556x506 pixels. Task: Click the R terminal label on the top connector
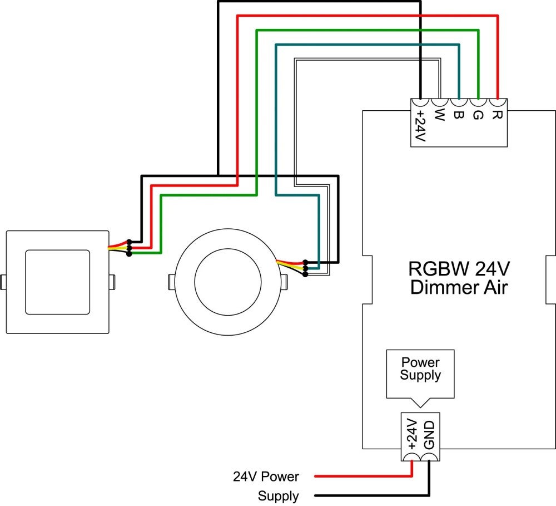pos(497,115)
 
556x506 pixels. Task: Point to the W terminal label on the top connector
pos(439,116)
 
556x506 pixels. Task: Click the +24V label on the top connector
pos(420,125)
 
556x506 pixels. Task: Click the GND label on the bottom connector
pos(429,436)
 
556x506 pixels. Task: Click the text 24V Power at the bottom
pos(266,477)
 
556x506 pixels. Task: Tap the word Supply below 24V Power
pos(278,496)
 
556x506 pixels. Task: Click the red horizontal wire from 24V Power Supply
pos(361,476)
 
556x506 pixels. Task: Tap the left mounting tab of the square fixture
pos(3,282)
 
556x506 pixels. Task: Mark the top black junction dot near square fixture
pos(129,242)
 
